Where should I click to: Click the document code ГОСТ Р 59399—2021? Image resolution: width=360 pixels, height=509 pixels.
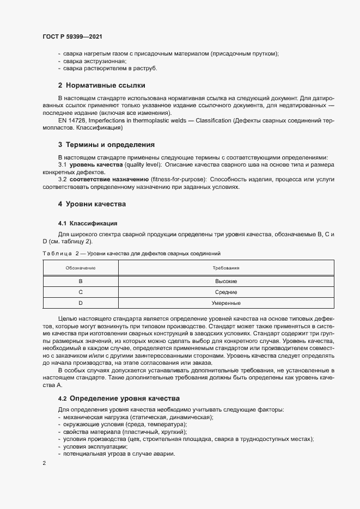tap(72, 36)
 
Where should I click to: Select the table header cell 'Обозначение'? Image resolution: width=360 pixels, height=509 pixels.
tap(81, 268)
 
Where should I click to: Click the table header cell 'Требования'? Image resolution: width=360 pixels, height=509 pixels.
tap(226, 268)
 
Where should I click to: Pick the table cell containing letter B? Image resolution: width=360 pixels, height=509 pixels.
tap(81, 281)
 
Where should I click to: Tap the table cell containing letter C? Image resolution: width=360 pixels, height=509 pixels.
tap(81, 292)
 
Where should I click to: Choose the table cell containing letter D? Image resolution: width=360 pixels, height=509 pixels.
tap(81, 303)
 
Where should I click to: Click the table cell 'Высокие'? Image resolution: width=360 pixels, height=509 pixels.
tap(226, 281)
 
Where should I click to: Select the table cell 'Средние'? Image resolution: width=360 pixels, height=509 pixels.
tap(226, 292)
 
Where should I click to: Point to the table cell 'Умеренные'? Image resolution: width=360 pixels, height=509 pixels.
tap(226, 303)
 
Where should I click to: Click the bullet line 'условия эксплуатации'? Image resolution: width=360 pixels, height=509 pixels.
tap(95, 446)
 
